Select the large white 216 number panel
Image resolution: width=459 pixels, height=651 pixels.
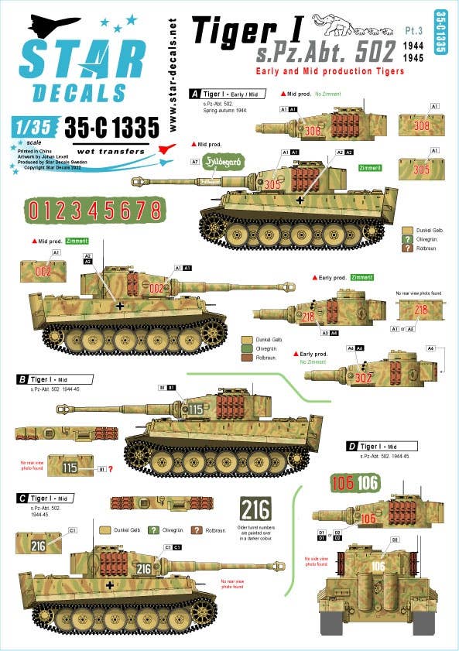[256, 509]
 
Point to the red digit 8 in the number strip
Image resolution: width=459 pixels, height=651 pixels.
[155, 211]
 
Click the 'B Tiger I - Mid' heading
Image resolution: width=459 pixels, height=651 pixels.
[58, 379]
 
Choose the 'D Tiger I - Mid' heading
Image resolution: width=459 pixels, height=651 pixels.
[382, 447]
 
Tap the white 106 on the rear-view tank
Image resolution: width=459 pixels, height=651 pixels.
[377, 567]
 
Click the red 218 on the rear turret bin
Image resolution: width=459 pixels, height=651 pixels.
[420, 310]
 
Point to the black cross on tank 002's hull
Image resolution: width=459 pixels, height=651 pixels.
[120, 306]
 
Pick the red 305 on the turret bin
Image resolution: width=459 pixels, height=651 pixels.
[421, 170]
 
